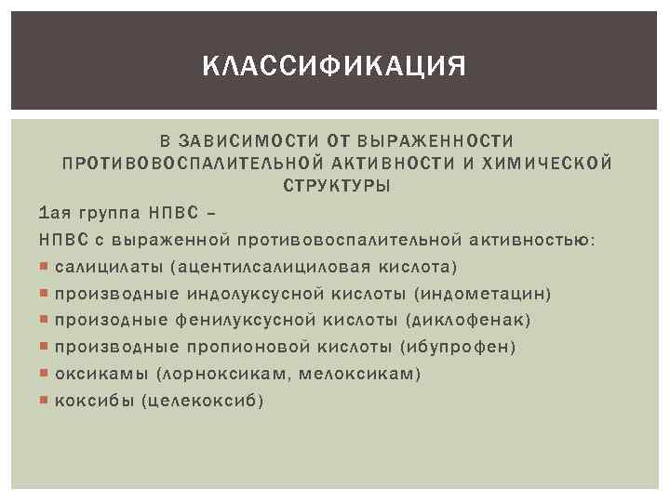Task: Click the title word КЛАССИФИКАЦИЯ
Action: [334, 67]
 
